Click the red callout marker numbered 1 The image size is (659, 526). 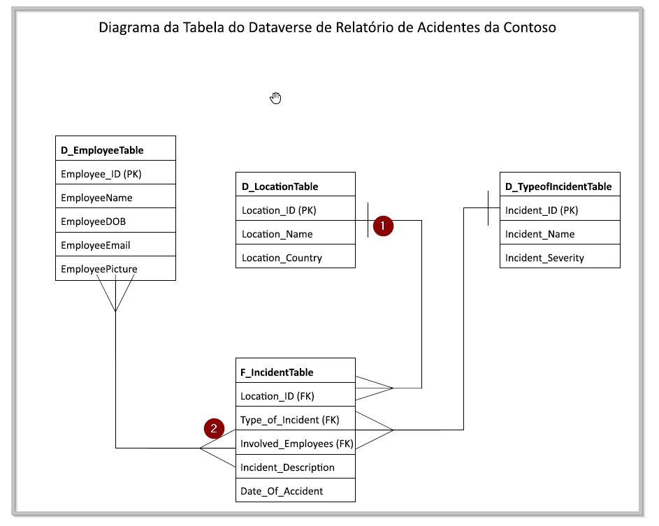[383, 226]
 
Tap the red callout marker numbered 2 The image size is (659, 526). [214, 428]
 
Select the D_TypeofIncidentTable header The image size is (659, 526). [560, 187]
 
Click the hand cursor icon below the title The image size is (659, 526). [275, 98]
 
